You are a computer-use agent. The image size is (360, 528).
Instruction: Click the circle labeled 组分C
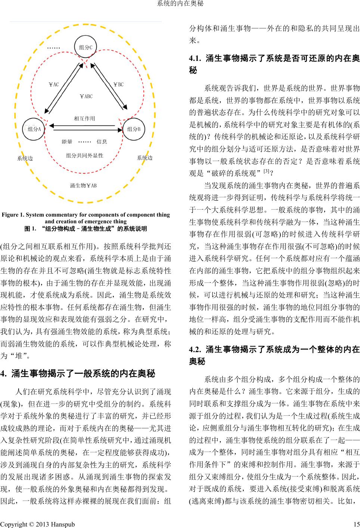point(86,47)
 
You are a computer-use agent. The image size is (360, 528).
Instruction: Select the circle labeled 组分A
point(34,129)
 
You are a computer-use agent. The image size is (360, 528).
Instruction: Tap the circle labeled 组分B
point(134,129)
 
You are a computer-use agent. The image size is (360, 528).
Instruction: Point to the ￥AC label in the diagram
point(54,85)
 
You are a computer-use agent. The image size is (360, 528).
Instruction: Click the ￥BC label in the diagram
point(118,84)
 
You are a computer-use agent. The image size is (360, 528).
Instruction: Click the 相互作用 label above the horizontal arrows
point(84,118)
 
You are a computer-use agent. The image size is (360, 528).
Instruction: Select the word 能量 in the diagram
point(67,142)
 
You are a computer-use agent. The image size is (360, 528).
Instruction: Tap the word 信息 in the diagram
point(102,142)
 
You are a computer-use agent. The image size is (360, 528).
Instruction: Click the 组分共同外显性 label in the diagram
point(84,155)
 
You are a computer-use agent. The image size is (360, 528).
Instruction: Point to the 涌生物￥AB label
point(83,185)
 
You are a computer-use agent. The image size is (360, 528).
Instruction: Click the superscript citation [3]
point(266,171)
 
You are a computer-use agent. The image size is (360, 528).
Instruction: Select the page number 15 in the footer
point(356,524)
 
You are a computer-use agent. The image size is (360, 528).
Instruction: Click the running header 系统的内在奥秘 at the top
point(180,4)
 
